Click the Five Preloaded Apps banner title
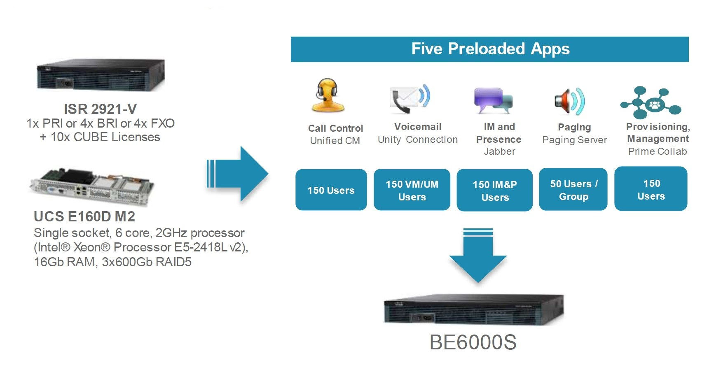(490, 49)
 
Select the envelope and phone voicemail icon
(409, 99)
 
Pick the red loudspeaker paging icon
(569, 101)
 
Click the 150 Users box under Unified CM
(331, 190)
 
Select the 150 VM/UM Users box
(412, 190)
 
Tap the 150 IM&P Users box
(494, 191)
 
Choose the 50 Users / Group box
(573, 190)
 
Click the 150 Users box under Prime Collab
(651, 189)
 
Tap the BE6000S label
(473, 342)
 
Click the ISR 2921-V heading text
(100, 109)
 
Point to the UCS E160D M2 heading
(84, 216)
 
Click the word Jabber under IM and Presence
(499, 151)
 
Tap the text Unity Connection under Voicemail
(417, 140)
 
